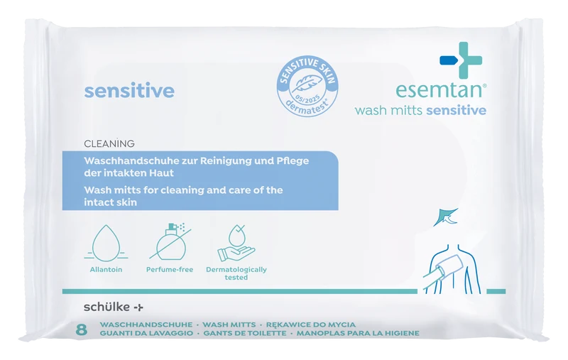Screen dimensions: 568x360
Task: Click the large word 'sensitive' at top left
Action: (x=129, y=91)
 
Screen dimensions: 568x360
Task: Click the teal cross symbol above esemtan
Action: (x=461, y=60)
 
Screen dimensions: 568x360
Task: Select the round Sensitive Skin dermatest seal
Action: (x=307, y=87)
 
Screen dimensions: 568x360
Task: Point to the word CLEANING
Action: (x=109, y=143)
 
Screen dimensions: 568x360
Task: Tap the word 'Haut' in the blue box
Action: (x=162, y=173)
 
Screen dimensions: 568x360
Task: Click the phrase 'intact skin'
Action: (x=111, y=202)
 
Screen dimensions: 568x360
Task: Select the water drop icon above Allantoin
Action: (x=106, y=243)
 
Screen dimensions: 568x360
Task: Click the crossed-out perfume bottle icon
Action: (x=170, y=241)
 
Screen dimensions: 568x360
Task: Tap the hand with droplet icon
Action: (x=236, y=243)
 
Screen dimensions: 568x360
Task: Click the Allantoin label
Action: (x=106, y=269)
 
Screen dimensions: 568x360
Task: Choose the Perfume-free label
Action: (x=170, y=269)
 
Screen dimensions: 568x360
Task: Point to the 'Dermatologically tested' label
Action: (x=236, y=273)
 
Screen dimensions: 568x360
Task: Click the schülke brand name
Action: (x=114, y=307)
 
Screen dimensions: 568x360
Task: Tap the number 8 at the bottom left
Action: (x=82, y=329)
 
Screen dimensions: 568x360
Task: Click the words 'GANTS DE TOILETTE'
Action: (x=245, y=333)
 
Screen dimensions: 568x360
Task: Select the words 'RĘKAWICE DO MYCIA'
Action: (x=310, y=324)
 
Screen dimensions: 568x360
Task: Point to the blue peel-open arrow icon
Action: (x=446, y=217)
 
